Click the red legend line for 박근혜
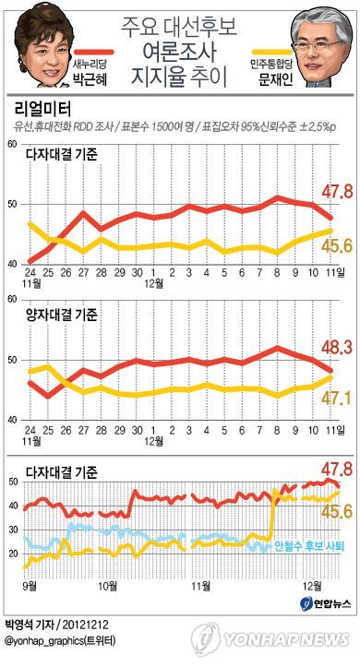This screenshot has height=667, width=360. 93,52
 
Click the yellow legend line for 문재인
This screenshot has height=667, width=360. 272,52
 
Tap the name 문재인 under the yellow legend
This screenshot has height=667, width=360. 276,79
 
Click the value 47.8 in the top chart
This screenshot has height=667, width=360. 337,192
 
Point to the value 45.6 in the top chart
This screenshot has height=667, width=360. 337,245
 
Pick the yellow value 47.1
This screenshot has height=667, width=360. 337,399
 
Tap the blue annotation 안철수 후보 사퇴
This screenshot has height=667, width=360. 309,546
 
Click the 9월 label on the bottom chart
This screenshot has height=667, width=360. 30,587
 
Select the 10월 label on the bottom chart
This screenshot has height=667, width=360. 108,587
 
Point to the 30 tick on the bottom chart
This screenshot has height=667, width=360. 17,530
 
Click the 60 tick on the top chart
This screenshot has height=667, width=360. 13,145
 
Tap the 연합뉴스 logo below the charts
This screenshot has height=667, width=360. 326,603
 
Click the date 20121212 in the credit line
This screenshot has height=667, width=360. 84,625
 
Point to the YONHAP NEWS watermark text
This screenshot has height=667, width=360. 286,639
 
